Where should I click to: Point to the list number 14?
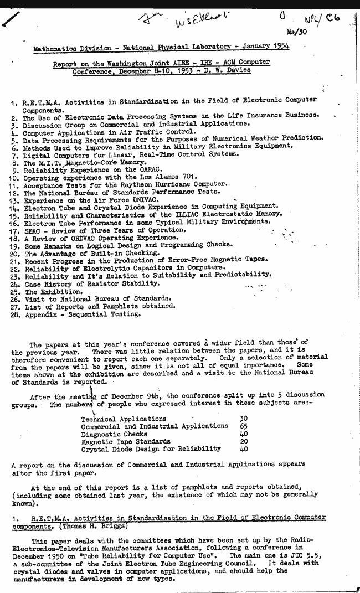pyautogui.click(x=16, y=206)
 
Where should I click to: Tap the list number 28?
pyautogui.click(x=16, y=314)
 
